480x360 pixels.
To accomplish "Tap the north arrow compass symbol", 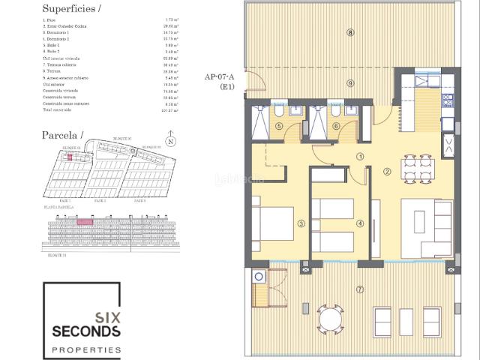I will (x=171, y=140).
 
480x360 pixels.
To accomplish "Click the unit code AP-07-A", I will (x=219, y=76).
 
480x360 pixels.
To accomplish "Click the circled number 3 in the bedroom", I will (x=301, y=223).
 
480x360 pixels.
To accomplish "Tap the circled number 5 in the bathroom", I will (x=279, y=127).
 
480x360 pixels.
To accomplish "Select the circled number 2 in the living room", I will (x=387, y=172).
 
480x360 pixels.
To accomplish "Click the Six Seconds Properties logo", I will (x=82, y=319).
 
